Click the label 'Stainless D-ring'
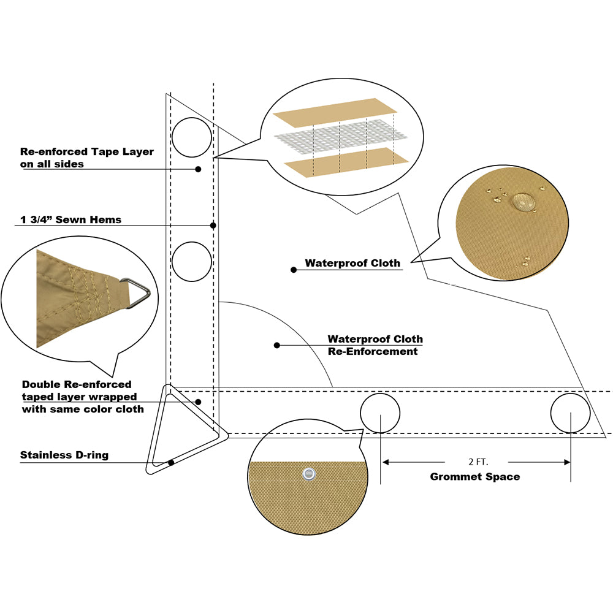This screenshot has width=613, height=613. pos(64,455)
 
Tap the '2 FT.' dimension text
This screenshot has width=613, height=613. pos(476,462)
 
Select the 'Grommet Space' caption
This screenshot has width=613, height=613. pos(474,476)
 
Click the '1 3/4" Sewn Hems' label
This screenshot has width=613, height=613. pos(70,219)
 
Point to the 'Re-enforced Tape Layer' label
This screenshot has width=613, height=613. pos(87,158)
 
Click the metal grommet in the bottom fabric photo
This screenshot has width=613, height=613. pos(308,473)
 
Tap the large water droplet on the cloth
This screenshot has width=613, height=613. pos(523,200)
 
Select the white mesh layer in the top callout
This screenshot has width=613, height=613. pos(341,135)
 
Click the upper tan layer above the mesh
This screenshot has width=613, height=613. pos(334,109)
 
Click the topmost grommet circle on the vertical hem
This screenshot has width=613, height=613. pos(192,138)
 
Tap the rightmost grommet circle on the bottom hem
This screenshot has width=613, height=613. pos(570,413)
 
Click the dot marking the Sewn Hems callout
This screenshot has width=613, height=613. pos(213,226)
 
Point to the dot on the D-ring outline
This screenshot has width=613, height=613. pos(171,462)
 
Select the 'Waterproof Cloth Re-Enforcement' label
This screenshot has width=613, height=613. pos(375,345)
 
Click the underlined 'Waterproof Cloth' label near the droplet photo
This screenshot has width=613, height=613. pos(352,264)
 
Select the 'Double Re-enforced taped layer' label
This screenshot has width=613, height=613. pos(83,397)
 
